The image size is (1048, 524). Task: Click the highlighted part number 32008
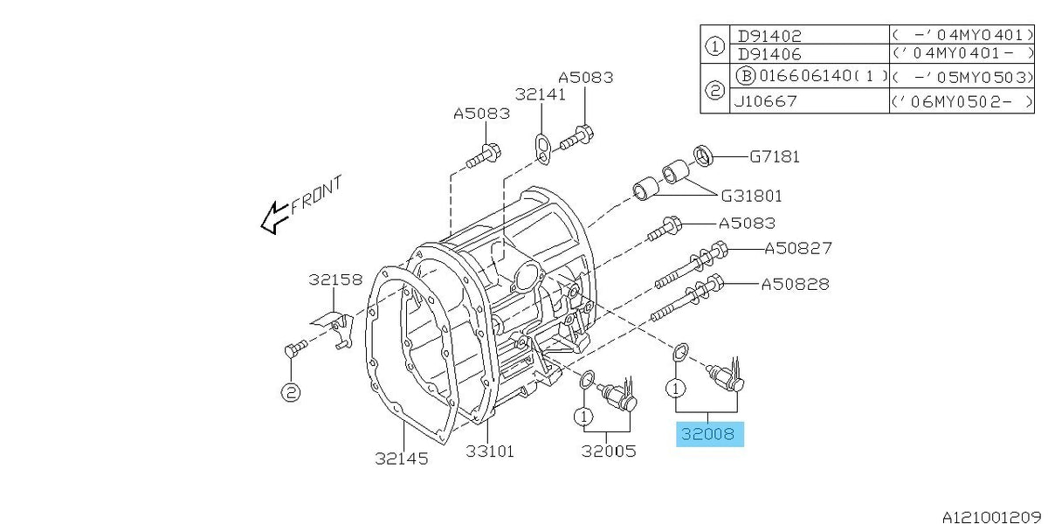(708, 434)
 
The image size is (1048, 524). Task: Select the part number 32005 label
(609, 451)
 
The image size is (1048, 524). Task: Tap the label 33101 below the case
(490, 452)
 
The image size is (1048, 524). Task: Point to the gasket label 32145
(402, 458)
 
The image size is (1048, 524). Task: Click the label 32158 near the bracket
(335, 279)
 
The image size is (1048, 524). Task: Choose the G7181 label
(775, 156)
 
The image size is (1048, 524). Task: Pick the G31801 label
(751, 196)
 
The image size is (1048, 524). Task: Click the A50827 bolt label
(798, 248)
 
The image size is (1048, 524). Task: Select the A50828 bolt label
(796, 284)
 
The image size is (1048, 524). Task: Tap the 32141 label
(541, 94)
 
